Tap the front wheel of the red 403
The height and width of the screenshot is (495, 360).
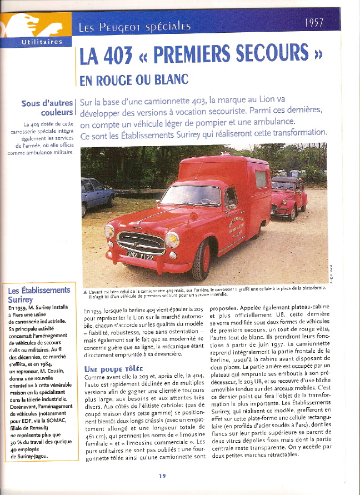coord(202,259)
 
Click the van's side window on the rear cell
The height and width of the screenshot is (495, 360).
coord(261,179)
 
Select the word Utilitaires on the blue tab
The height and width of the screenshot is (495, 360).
coord(38,42)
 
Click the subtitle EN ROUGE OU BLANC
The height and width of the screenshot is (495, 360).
coord(134,80)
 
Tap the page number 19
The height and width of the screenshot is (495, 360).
coord(162,475)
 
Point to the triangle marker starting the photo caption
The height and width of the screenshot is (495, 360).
coord(84,292)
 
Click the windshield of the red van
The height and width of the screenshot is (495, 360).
coord(191,196)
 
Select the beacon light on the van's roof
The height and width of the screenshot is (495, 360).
coord(225,153)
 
